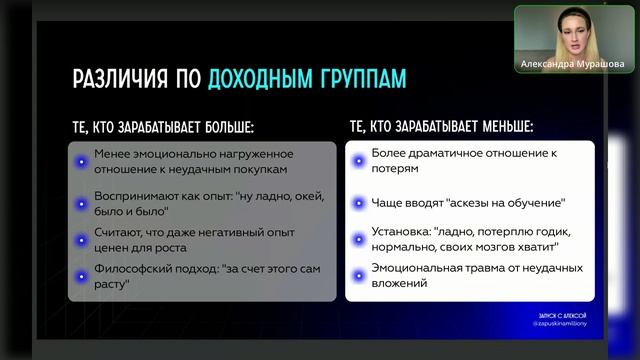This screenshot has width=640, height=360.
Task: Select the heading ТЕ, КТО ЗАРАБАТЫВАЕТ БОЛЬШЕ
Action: (x=162, y=128)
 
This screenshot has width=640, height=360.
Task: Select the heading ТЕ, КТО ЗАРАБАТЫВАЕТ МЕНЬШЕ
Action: (x=441, y=128)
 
